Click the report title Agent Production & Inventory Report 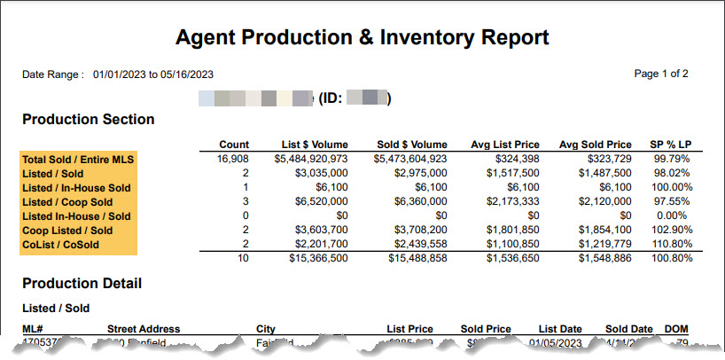click(362, 37)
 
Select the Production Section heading click(88, 120)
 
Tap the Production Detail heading click(82, 284)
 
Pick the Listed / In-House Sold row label click(75, 188)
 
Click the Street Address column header click(144, 330)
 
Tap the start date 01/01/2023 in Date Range click(121, 74)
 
